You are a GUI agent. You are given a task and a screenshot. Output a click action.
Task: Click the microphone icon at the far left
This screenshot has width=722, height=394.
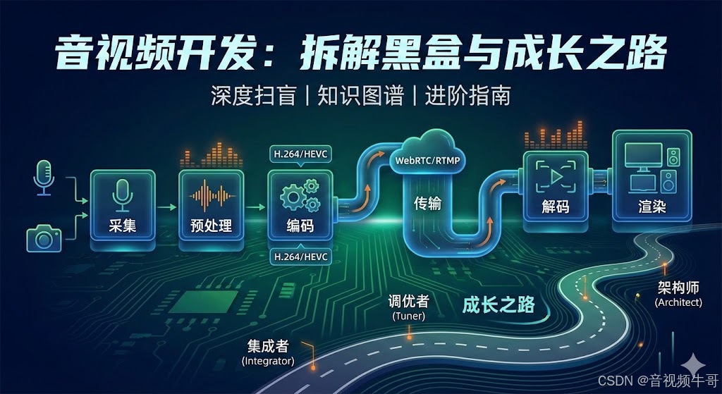tap(44, 176)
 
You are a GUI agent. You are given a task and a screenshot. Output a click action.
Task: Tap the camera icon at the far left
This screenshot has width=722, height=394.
tap(44, 238)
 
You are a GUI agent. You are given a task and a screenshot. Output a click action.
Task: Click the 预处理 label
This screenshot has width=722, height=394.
tap(211, 226)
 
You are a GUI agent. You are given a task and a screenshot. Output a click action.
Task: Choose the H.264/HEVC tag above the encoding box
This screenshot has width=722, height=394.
tap(300, 154)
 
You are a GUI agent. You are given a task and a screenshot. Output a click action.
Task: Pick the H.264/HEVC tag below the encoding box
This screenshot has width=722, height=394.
tap(300, 257)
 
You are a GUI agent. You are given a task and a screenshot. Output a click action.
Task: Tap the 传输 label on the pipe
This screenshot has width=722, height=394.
tap(427, 204)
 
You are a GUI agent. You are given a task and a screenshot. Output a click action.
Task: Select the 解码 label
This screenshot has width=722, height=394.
tap(556, 207)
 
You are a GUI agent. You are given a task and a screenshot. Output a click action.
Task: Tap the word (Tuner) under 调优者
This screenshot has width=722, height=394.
tap(408, 316)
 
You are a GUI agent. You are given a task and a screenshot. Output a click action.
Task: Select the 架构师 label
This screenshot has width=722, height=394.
tap(678, 288)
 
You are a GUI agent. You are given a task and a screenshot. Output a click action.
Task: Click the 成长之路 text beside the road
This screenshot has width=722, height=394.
tap(498, 305)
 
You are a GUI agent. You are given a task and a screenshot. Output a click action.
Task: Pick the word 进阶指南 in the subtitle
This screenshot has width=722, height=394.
tap(467, 95)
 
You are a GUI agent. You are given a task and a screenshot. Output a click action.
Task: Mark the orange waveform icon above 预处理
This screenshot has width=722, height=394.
tap(211, 194)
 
